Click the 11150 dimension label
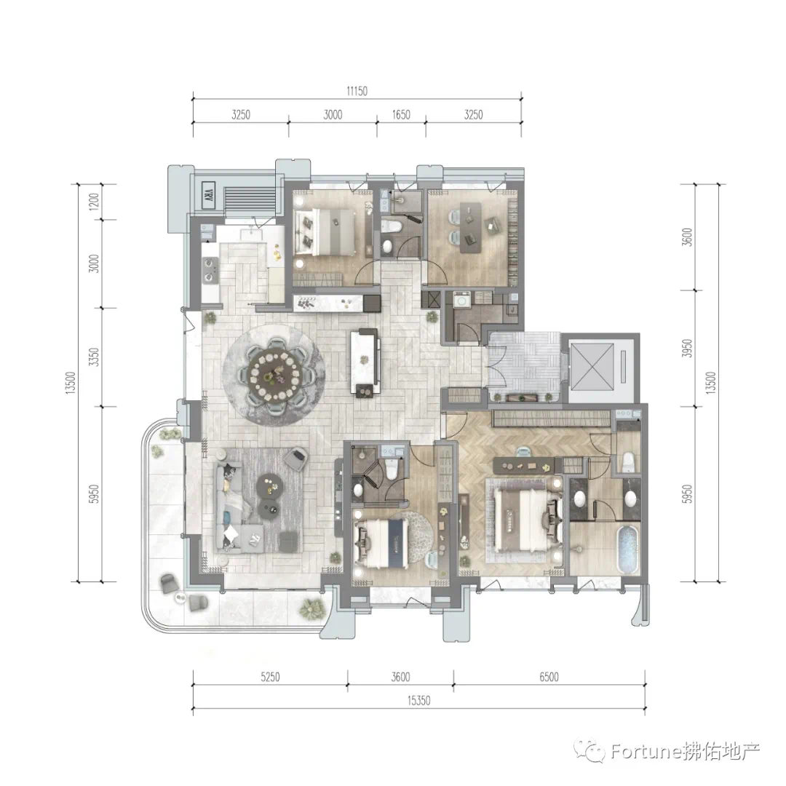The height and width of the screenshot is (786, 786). pos(357,91)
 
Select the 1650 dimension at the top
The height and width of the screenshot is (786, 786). pos(401,115)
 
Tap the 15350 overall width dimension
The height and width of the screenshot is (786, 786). pos(418,701)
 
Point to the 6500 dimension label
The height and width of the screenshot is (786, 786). pos(549,678)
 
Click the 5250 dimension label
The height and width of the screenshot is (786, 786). pos(270,678)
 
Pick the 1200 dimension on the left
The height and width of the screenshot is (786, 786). pos(94,202)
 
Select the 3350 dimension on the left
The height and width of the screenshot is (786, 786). pos(94,357)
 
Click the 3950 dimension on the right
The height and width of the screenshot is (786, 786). pos(687,349)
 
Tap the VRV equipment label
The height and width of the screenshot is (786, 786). pos(209,193)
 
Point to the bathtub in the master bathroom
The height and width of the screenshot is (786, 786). pos(628,549)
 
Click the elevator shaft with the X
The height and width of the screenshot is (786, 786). pos(592,367)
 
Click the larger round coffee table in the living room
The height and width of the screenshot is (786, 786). pos(270,485)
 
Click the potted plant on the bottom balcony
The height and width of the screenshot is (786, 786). pos(310,608)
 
